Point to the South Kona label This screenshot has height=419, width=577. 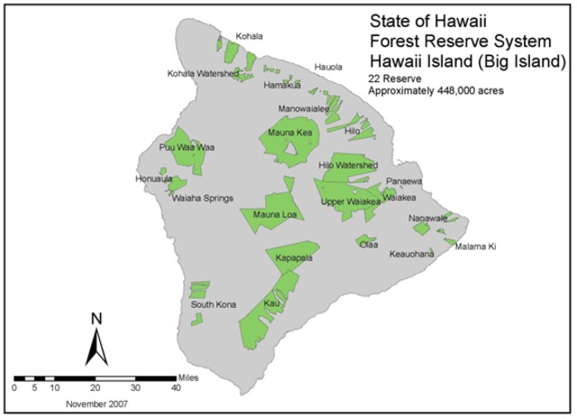(x=214, y=304)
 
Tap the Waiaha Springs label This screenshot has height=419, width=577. (x=203, y=198)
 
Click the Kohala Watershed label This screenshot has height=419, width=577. (x=204, y=73)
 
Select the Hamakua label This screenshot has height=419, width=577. (x=282, y=85)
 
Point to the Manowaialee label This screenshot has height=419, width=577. (x=304, y=107)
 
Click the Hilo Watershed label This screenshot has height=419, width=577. (x=348, y=166)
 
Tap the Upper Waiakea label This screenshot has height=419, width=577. (x=351, y=201)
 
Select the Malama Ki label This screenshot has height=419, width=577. (x=475, y=247)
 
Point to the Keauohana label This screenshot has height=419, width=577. (x=412, y=254)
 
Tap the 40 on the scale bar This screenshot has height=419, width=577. (x=175, y=387)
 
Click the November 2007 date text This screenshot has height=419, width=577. (x=96, y=404)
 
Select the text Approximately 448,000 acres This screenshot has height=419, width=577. (x=435, y=91)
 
